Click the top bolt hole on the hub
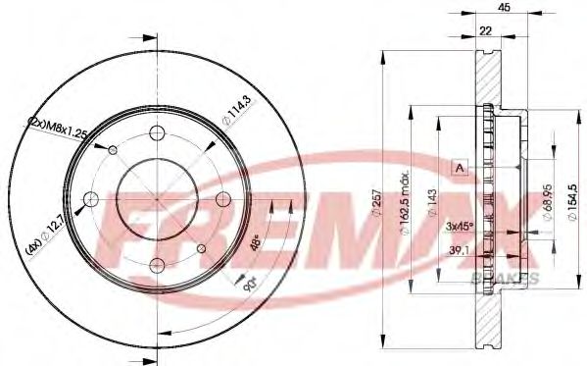coord(156,135)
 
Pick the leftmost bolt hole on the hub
coord(91,200)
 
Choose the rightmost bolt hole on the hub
coord(220,200)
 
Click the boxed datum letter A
coord(459,168)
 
